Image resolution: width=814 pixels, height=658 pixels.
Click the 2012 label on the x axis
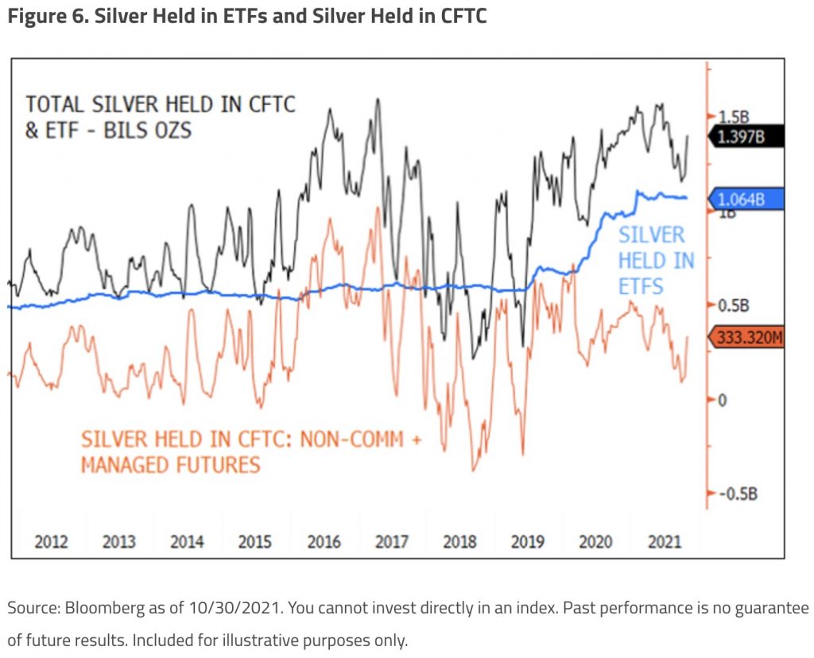(50, 542)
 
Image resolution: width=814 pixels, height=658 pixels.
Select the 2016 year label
(324, 542)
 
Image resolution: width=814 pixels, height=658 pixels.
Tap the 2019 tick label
(527, 542)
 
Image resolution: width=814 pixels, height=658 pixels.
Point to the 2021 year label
(665, 542)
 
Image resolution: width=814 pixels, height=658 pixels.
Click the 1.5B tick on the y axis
(735, 117)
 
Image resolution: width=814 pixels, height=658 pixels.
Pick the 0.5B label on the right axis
(735, 306)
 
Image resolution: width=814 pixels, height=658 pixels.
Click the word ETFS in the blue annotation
(641, 285)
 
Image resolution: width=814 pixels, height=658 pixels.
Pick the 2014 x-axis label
(186, 542)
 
